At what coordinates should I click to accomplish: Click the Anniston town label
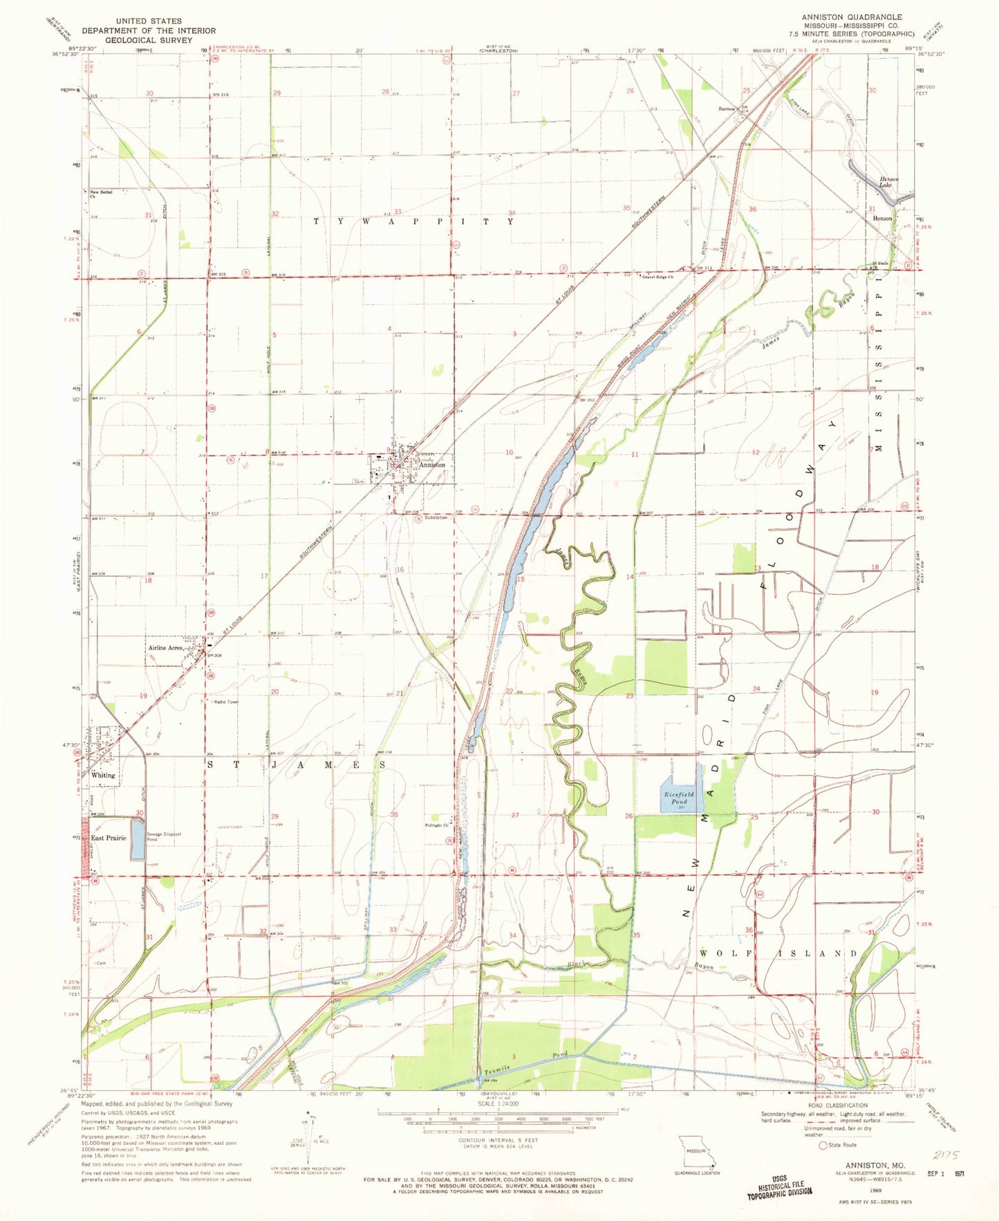point(432,465)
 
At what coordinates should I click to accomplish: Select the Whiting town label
point(104,775)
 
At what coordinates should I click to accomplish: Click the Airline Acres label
point(166,648)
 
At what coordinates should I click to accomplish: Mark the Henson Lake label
point(888,183)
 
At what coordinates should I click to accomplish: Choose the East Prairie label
point(109,838)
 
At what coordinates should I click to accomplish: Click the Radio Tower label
point(227,701)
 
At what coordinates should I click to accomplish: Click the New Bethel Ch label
point(100,193)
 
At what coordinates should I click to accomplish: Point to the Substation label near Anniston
point(436,517)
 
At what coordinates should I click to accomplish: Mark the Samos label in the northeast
point(726,109)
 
